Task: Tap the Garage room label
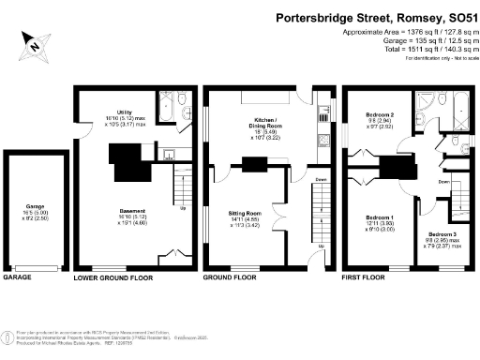[x=35, y=210]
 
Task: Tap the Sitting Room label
[x=247, y=214]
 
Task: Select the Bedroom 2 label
[x=380, y=114]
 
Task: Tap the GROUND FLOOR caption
[x=231, y=278]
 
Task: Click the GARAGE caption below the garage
[x=19, y=278]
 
